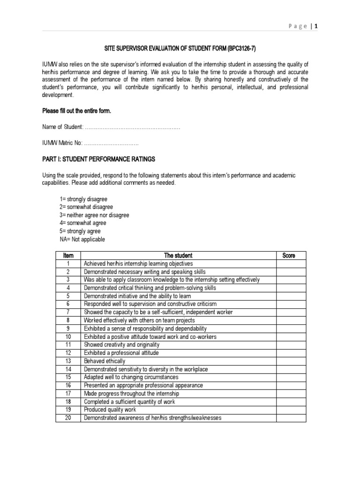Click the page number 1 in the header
(317, 27)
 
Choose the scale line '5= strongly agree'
(80, 231)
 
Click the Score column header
(289, 255)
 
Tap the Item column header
(68, 255)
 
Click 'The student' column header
(178, 255)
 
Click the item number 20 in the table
(68, 418)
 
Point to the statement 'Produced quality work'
(110, 410)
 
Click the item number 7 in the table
(68, 312)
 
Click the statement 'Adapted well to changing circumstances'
(131, 377)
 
